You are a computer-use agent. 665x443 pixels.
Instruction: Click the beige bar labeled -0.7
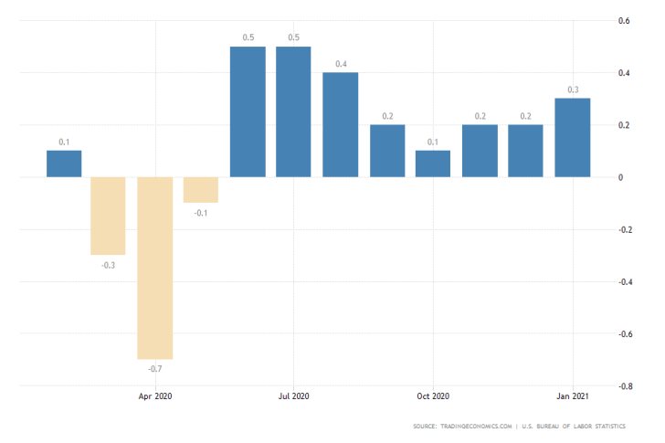[x=155, y=268]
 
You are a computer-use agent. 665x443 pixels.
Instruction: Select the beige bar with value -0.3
[x=109, y=216]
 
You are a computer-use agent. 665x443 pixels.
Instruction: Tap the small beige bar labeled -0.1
[x=201, y=190]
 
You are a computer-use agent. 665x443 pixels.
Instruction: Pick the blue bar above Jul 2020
[x=293, y=111]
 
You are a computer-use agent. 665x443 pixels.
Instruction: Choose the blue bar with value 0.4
[x=340, y=124]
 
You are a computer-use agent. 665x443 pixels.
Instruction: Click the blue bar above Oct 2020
[x=433, y=163]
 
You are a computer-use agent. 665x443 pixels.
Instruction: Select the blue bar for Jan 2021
[x=572, y=137]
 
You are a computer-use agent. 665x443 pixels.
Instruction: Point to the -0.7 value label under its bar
[x=155, y=368]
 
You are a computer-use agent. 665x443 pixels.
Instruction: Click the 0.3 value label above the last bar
[x=573, y=90]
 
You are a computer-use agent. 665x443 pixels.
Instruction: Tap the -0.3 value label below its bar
[x=109, y=264]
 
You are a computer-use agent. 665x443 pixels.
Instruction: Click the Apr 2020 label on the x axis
[x=155, y=396]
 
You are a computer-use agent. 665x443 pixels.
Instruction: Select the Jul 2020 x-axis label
[x=293, y=396]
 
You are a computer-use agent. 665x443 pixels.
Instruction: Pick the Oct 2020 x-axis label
[x=433, y=396]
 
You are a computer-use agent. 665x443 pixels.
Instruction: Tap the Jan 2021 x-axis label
[x=572, y=396]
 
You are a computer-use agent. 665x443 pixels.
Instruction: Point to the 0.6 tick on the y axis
[x=625, y=21]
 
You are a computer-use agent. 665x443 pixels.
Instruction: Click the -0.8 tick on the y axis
[x=624, y=386]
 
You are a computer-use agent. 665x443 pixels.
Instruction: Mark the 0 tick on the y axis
[x=621, y=177]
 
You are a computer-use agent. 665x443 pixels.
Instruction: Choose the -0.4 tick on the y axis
[x=624, y=282]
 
